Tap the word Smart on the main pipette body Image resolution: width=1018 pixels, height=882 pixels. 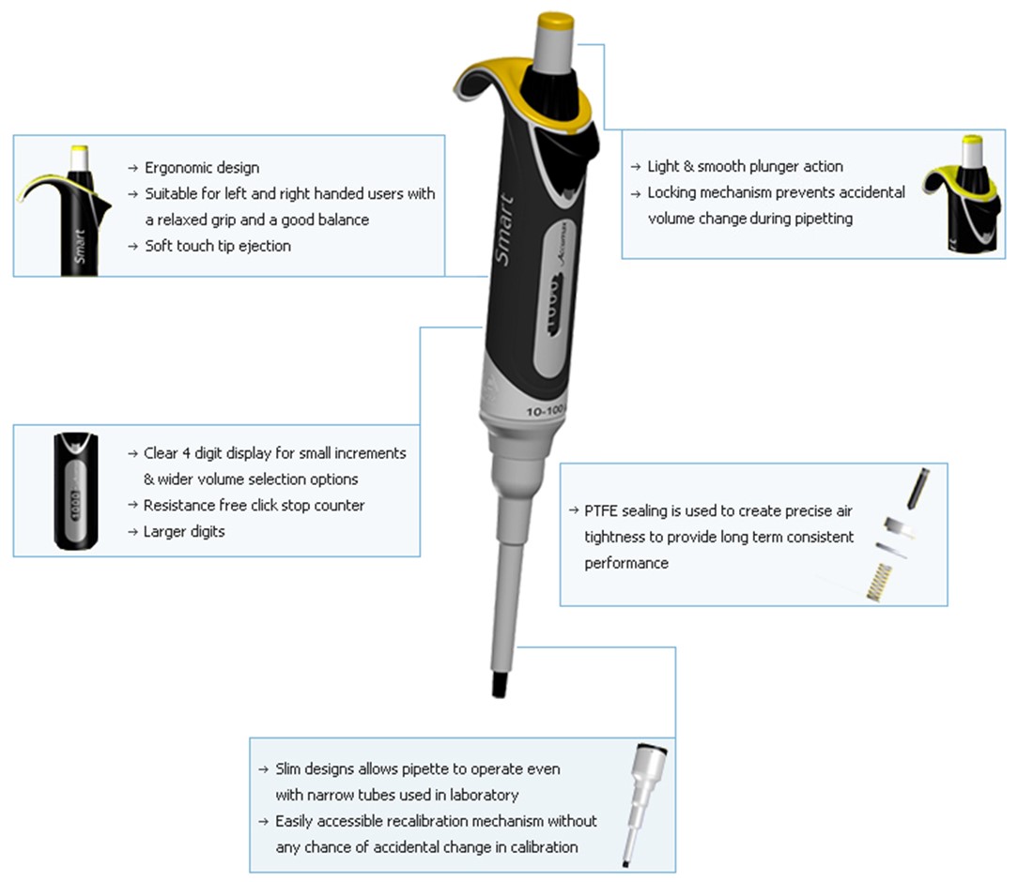pos(503,229)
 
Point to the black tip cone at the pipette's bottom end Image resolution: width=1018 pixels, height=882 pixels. pos(499,685)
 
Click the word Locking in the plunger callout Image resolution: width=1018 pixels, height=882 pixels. pos(671,192)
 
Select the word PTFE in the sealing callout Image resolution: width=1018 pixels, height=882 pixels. pos(600,511)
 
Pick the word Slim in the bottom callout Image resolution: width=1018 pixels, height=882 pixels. pos(288,769)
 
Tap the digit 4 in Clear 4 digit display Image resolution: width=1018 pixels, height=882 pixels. pos(186,453)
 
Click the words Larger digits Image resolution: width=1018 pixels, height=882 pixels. pos(184,532)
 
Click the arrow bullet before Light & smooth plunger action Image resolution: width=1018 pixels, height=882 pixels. pos(636,167)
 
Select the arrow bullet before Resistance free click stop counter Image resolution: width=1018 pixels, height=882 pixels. pos(132,505)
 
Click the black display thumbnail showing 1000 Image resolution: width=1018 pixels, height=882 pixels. pos(76,491)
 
